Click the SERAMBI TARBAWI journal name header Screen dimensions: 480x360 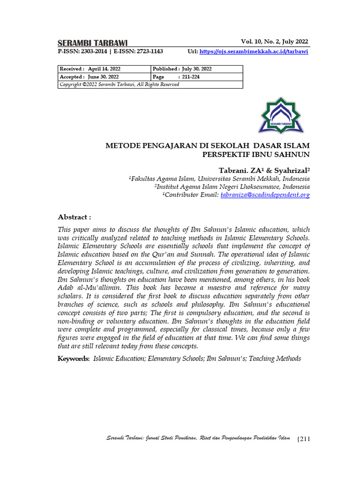click(x=92, y=43)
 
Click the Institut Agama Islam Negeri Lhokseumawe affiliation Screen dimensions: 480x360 click(x=232, y=187)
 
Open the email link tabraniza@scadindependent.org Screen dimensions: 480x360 click(x=265, y=195)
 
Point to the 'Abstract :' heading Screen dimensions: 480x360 click(x=74, y=217)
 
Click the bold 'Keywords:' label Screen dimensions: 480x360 click(x=74, y=359)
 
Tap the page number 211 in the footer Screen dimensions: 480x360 click(x=304, y=439)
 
